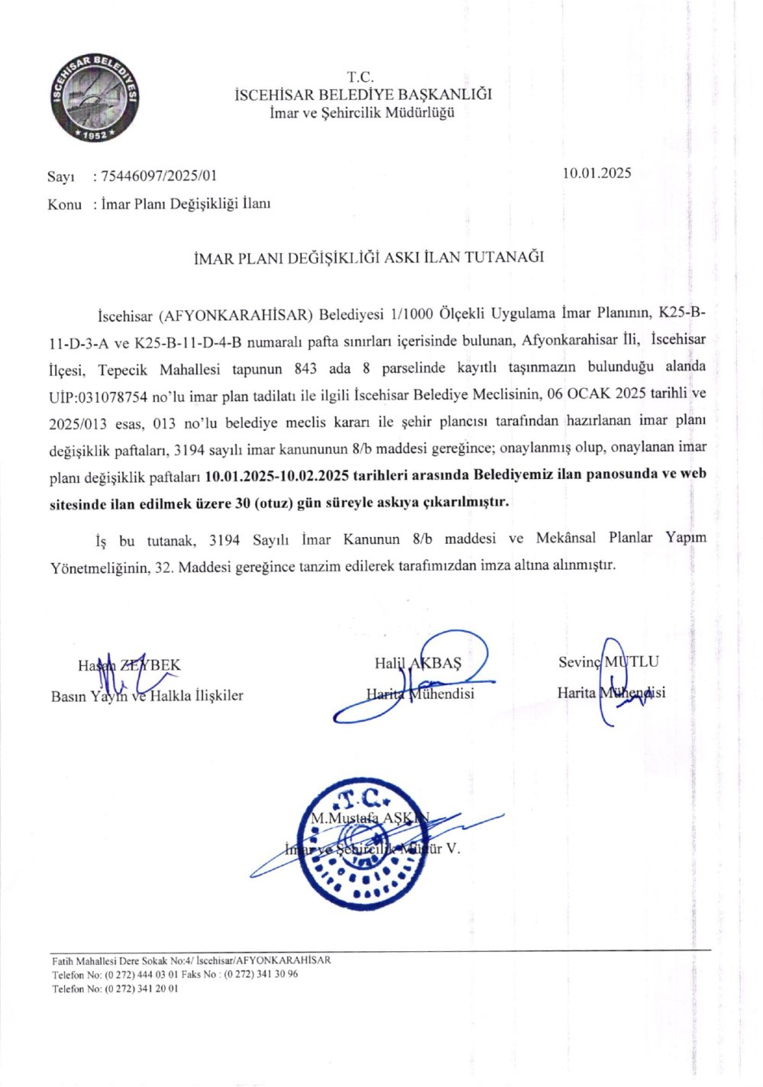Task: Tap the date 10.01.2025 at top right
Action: [597, 172]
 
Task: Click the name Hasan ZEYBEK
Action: [129, 665]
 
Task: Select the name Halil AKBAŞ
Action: [418, 663]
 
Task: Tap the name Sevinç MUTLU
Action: [608, 662]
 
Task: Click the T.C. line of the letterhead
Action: [361, 77]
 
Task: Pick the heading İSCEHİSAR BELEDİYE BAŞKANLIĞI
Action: [362, 95]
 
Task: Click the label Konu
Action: [64, 204]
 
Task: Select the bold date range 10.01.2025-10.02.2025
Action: [278, 474]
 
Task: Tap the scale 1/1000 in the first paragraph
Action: [408, 314]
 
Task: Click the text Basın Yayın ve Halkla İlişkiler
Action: [147, 695]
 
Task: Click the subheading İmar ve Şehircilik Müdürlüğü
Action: [362, 113]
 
